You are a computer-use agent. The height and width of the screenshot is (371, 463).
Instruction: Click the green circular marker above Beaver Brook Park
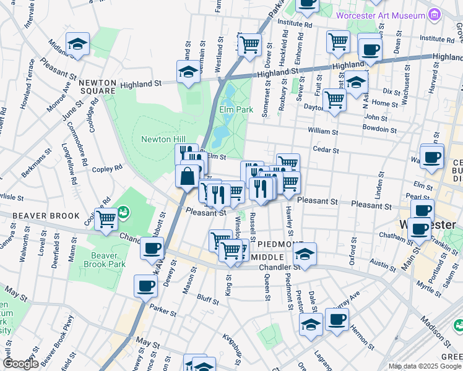coord(123,212)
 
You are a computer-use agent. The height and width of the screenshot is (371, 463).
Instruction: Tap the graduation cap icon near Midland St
coord(78,44)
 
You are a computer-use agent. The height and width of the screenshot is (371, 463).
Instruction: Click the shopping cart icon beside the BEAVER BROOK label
coord(107,218)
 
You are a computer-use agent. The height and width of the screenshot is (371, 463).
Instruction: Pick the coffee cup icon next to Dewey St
coord(152,249)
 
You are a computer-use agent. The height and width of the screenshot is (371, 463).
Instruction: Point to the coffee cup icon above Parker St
coord(146,286)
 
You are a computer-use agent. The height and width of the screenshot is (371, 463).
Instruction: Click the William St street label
coord(322,131)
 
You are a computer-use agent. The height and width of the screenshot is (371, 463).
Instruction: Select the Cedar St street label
coord(326,150)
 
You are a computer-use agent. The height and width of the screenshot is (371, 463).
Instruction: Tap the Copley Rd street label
coord(107,168)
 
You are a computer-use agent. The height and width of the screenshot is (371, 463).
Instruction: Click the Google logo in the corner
coord(21,364)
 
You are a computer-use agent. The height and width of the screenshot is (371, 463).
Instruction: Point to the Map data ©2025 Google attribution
coord(425,366)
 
